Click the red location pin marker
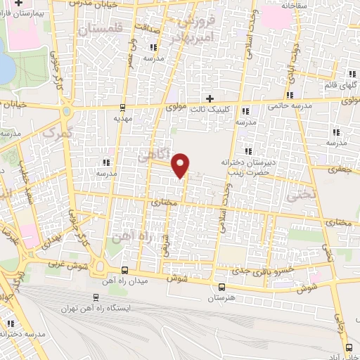pos(181,165)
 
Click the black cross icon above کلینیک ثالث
pos(208,97)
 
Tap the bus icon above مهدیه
pos(123,108)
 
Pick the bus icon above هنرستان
pos(221,287)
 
